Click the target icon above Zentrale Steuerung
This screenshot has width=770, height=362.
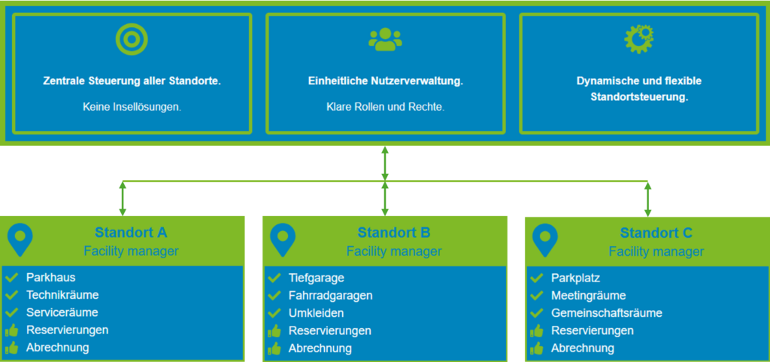[132, 39]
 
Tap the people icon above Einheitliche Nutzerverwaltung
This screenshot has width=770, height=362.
[385, 39]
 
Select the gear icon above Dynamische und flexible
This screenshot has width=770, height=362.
[638, 39]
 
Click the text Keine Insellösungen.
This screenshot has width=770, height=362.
[132, 107]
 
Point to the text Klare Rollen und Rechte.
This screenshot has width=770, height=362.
[385, 107]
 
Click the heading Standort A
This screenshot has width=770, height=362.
[131, 233]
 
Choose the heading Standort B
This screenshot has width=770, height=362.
[393, 233]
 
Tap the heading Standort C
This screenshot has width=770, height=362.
[656, 233]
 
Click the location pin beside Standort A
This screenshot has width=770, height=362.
[20, 239]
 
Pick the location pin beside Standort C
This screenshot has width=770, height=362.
[544, 239]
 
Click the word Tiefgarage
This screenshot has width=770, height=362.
[317, 278]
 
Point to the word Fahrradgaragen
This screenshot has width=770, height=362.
[330, 296]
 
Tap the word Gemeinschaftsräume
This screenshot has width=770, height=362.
[606, 313]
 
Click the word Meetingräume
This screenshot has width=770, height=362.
[588, 296]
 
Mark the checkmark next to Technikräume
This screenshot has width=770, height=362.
[11, 295]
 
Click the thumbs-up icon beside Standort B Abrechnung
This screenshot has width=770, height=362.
[274, 348]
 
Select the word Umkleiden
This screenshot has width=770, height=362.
[316, 313]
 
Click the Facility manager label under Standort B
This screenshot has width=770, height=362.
[393, 251]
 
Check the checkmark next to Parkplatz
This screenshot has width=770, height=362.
[537, 278]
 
